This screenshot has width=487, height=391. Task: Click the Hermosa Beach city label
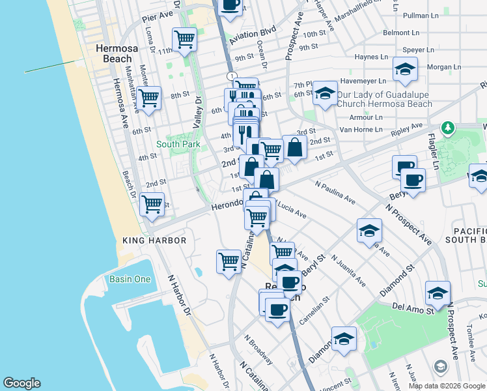114,53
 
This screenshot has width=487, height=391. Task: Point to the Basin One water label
133,280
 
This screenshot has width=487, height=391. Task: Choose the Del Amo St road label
413,306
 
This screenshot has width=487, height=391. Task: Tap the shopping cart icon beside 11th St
185,39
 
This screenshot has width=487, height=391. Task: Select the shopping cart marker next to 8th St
149,98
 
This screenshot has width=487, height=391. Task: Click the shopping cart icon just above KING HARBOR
152,204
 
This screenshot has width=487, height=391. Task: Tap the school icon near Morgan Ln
405,68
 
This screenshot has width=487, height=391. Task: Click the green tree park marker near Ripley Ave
447,128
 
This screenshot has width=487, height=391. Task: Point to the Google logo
21,383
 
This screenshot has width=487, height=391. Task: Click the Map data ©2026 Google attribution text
446,386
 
